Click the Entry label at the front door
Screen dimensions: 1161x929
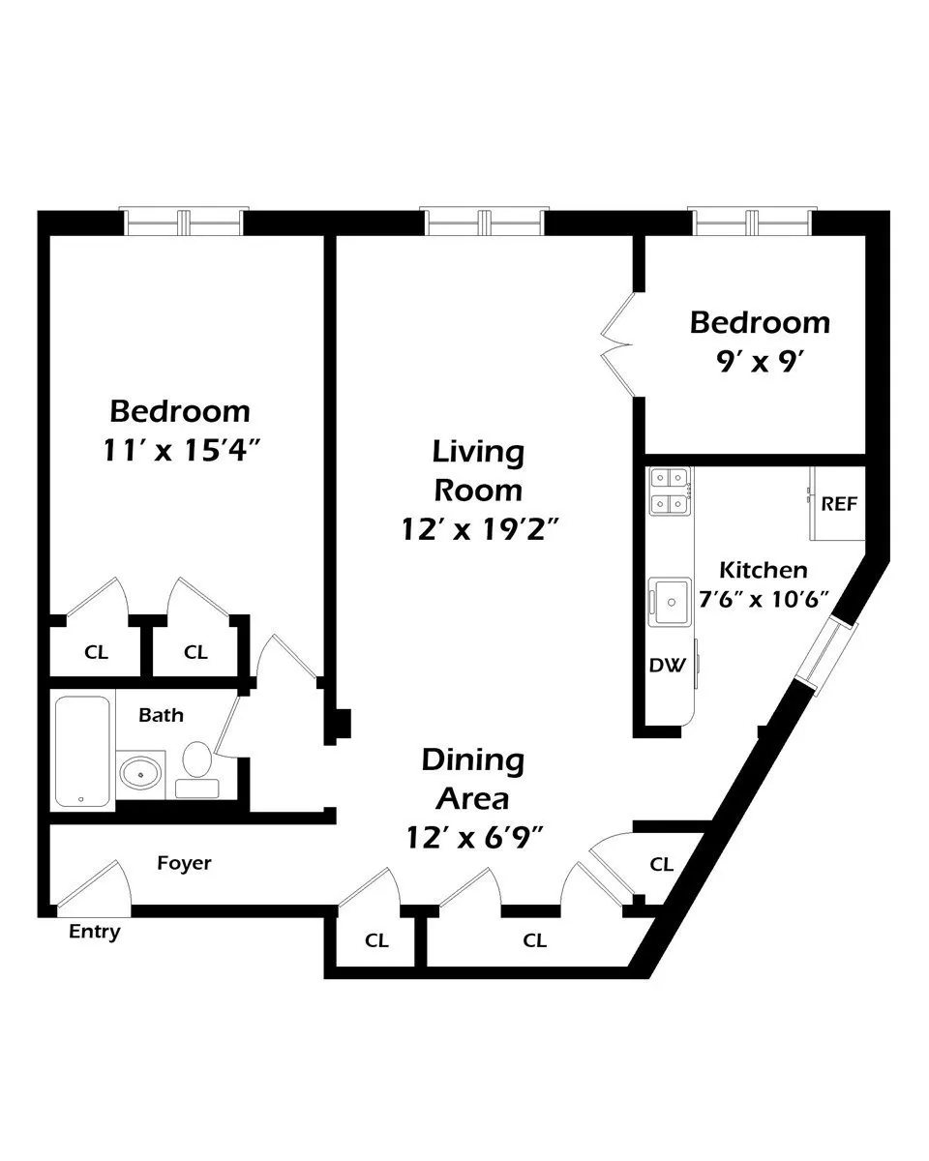[x=95, y=933]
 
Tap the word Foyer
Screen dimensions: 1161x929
[x=184, y=862]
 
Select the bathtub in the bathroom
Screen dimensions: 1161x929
[x=81, y=750]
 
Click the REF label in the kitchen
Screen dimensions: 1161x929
[x=838, y=504]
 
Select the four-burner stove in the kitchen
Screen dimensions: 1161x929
[x=669, y=490]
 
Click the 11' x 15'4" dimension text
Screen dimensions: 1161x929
[x=180, y=451]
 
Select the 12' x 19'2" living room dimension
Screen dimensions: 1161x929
[x=478, y=529]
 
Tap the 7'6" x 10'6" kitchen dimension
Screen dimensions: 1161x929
[x=764, y=598]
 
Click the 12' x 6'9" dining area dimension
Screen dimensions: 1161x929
[x=473, y=838]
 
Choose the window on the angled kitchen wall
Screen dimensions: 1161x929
[x=824, y=658]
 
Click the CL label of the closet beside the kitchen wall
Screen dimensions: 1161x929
[x=661, y=865]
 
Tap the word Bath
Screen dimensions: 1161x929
[x=161, y=716]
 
